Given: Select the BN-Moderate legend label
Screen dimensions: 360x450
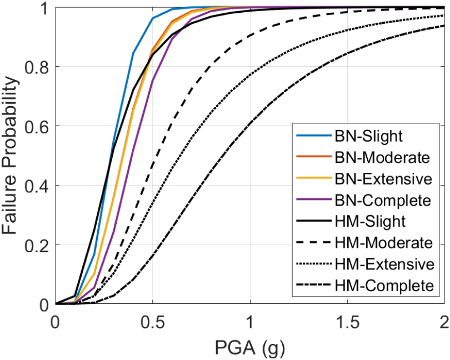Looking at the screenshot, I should pos(382,157).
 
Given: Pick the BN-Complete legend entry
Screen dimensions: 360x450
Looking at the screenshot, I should pos(383,199).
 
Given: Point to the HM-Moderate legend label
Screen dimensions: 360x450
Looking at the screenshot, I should pos(384,243).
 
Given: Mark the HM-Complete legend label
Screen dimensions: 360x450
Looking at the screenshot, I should pos(384,286).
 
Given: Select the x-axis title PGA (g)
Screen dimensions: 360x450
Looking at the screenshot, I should pos(249,348).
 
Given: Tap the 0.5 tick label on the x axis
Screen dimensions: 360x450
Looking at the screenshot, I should pos(153,322).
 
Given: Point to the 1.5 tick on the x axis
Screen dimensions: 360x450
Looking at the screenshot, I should pos(347,322).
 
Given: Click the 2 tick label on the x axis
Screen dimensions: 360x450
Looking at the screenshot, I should pos(444,322).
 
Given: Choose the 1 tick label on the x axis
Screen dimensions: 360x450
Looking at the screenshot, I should pos(250,322).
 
